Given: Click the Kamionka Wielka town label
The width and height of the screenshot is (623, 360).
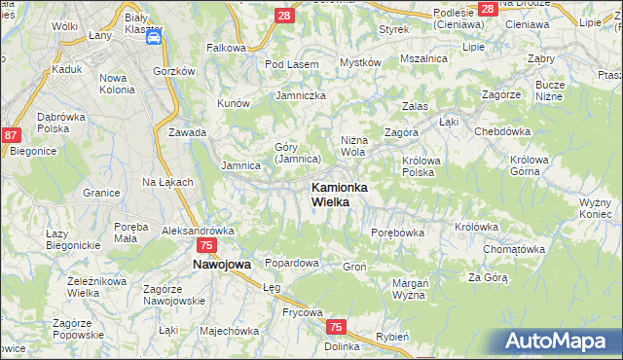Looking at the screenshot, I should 338,194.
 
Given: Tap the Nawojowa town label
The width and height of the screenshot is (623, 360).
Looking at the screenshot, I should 222,264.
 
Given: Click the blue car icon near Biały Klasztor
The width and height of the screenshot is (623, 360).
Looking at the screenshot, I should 155,38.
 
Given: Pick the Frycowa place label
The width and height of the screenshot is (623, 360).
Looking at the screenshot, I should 275,312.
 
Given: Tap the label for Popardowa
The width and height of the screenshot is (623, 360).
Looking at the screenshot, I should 292,263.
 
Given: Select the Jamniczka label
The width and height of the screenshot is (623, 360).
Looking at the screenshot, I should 301,95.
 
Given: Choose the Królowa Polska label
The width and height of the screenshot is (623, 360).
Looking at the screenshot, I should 418,165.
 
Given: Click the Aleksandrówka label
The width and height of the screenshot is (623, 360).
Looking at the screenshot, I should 199,231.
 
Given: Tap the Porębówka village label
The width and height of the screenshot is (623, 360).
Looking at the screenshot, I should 398,233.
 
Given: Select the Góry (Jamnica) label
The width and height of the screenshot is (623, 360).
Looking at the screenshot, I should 297,153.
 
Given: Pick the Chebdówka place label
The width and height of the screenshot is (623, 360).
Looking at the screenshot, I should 501,131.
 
